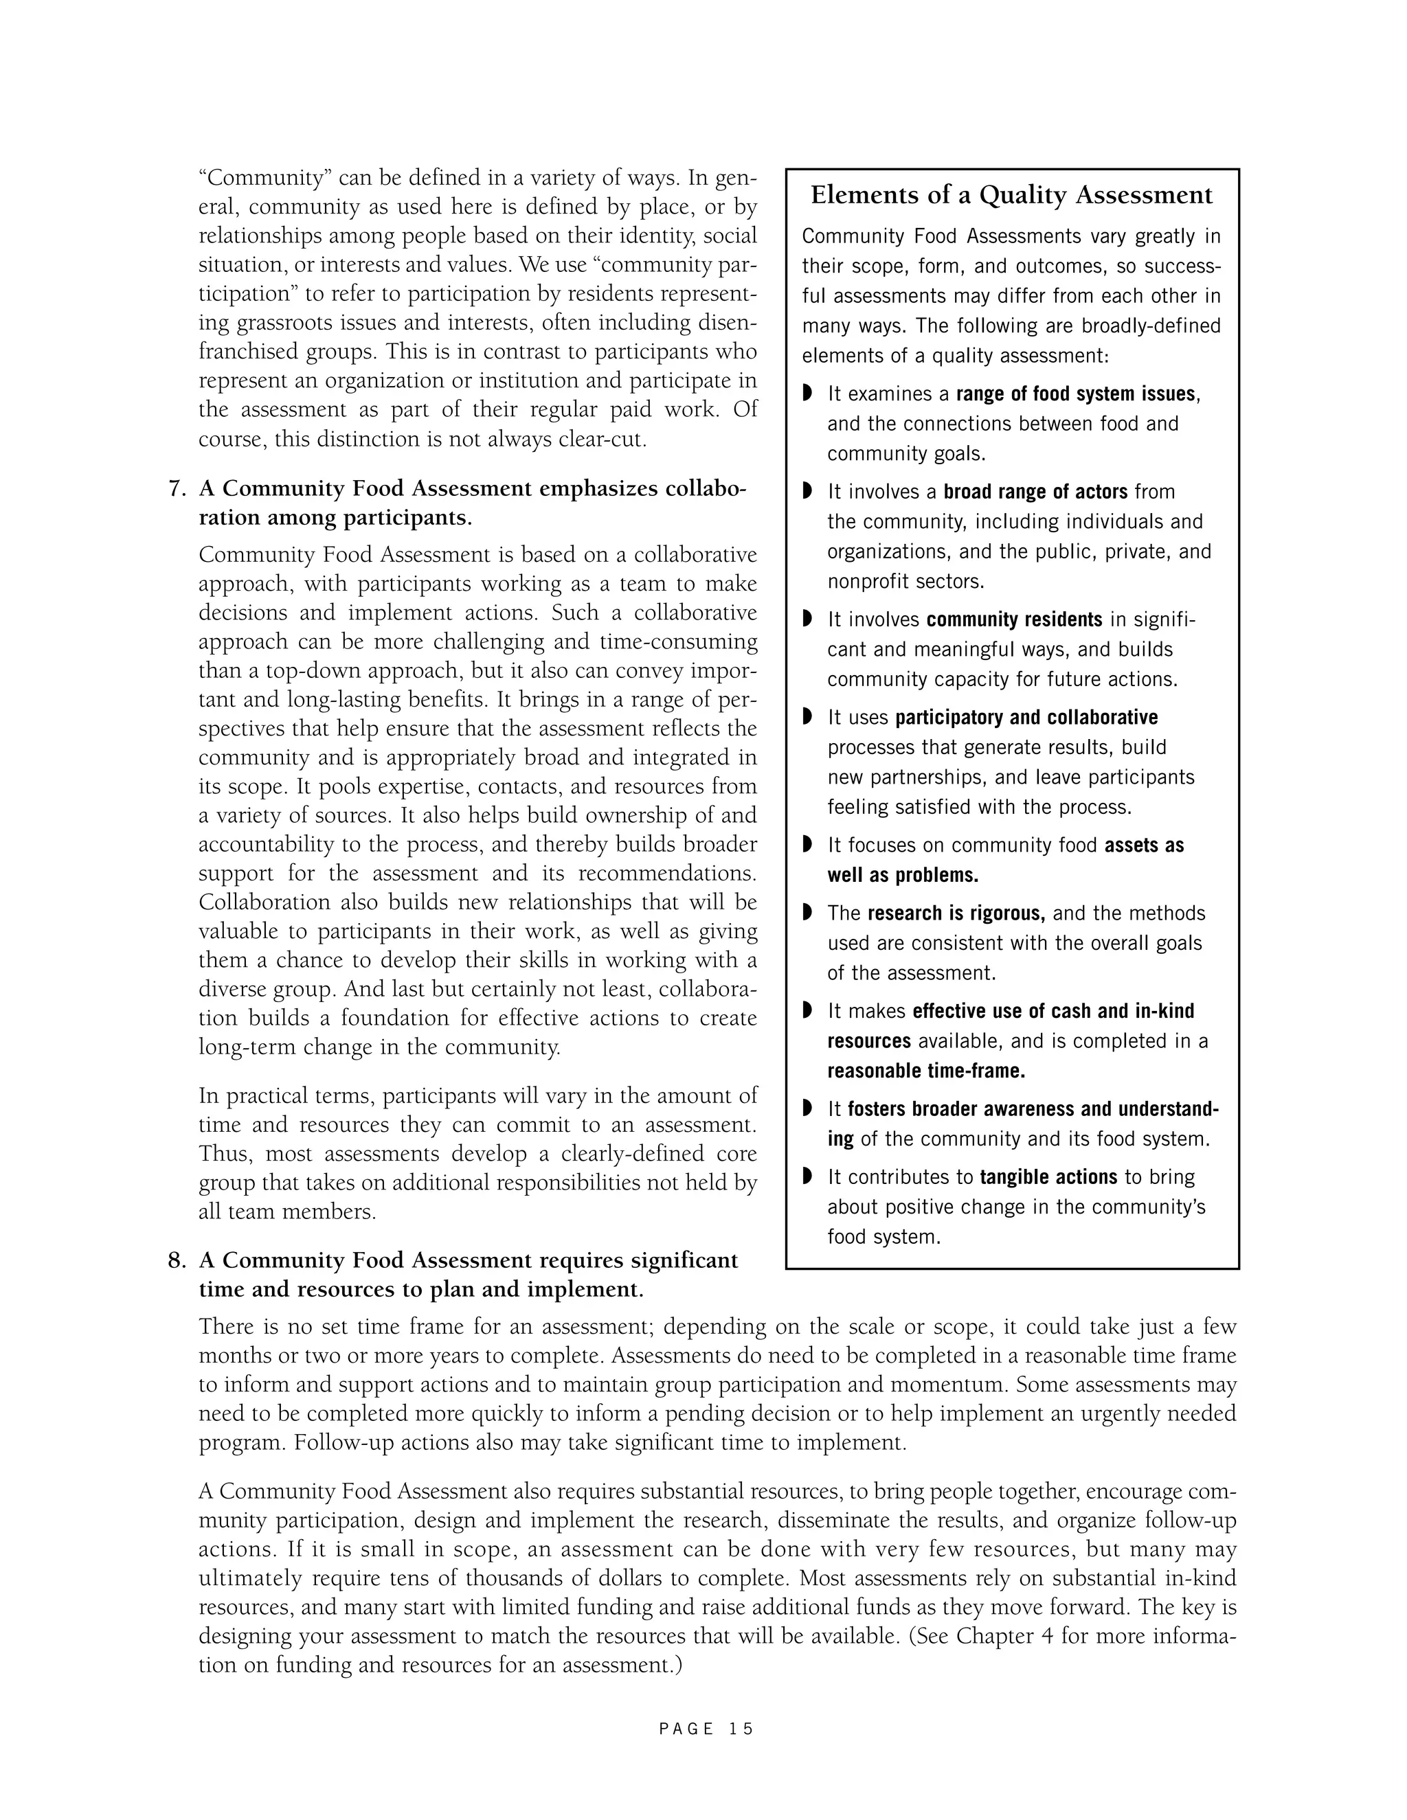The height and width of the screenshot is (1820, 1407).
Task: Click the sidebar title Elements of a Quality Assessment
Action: coord(1011,195)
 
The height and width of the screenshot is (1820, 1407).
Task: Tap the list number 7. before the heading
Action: coord(177,488)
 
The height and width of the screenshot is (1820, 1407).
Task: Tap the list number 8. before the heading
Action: coord(177,1260)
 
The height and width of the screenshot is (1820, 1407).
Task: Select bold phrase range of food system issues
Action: coord(1076,394)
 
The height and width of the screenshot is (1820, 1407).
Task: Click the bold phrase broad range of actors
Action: coord(1035,492)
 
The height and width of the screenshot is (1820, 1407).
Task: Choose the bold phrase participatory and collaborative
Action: coord(1026,718)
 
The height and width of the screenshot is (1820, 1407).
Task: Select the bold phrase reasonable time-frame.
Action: coord(926,1071)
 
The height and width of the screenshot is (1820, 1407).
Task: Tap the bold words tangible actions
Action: coord(1048,1177)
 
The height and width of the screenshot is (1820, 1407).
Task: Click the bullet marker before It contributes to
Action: coord(807,1176)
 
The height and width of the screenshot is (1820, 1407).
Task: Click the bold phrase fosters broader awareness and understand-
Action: coord(1033,1109)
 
